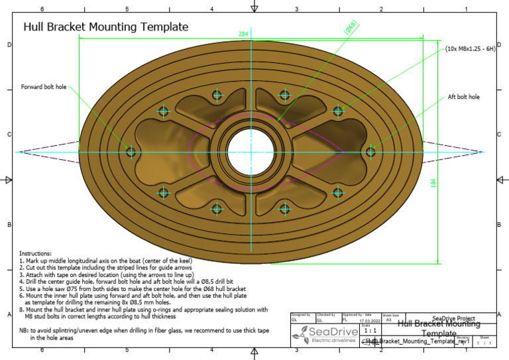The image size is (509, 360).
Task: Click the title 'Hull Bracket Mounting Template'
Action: pos(106,27)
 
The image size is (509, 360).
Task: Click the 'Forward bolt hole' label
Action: pos(44,86)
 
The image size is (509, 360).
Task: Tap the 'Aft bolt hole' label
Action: pos(464,97)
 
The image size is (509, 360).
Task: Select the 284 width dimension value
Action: pos(243,33)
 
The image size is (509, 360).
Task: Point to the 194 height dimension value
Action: pos(433,183)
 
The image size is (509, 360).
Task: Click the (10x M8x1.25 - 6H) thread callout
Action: pos(471,48)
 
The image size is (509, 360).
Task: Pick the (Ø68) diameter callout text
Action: pos(351,27)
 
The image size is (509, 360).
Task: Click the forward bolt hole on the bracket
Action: pos(131,152)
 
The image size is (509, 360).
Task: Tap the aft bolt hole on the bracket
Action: pos(371,152)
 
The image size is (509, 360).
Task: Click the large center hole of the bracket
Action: pos(251,152)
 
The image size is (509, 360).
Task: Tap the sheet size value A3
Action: pos(388,320)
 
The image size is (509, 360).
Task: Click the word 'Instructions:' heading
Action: pos(35,254)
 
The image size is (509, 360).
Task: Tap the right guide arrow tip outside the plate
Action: pos(486,152)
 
